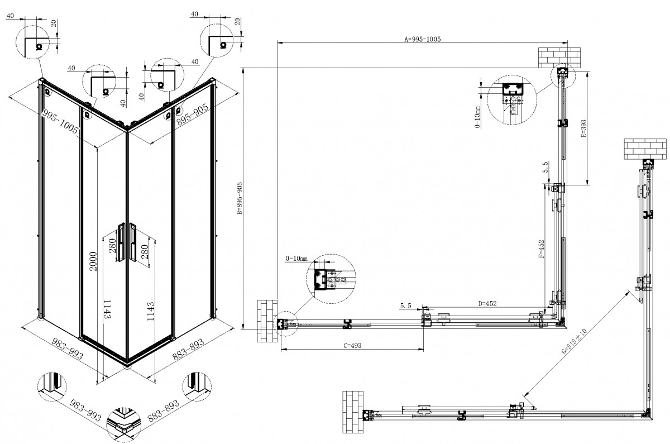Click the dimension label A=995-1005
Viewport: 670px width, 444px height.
422,39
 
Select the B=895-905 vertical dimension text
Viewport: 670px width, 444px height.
240,198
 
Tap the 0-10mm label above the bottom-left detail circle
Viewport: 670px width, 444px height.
296,259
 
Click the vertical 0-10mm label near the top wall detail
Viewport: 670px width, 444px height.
478,117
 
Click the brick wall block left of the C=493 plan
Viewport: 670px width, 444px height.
267,321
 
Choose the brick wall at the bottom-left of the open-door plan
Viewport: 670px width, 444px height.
352,413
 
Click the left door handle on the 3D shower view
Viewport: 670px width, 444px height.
121,240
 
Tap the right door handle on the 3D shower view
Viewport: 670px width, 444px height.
133,240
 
